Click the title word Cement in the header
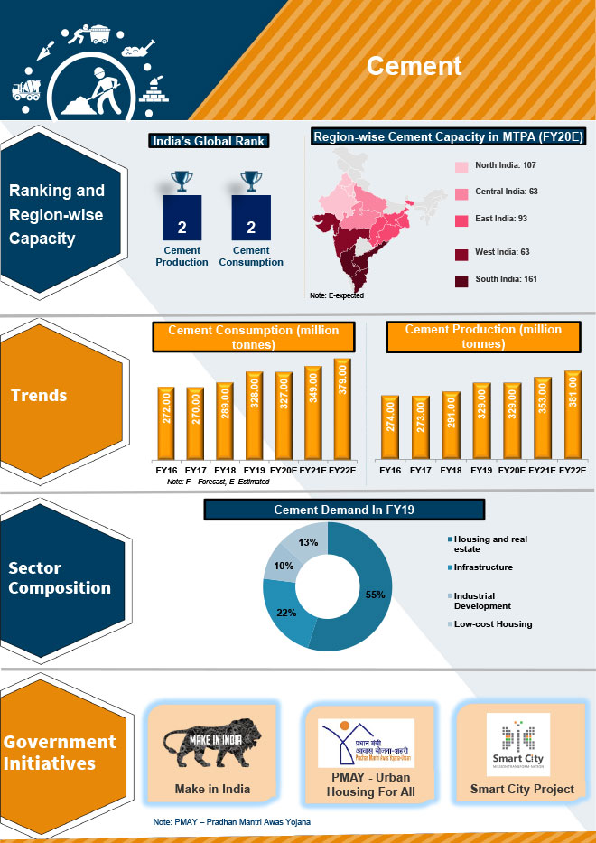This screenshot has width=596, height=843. point(414,66)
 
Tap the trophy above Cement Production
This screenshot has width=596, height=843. point(182,181)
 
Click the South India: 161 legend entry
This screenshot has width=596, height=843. point(506,279)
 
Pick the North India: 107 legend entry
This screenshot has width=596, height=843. point(506,166)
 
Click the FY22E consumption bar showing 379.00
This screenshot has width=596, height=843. point(341,408)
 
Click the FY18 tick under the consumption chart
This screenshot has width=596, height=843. point(226,471)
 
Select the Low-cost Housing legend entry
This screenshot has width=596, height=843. point(493,623)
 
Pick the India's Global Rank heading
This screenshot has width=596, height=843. point(210,141)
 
